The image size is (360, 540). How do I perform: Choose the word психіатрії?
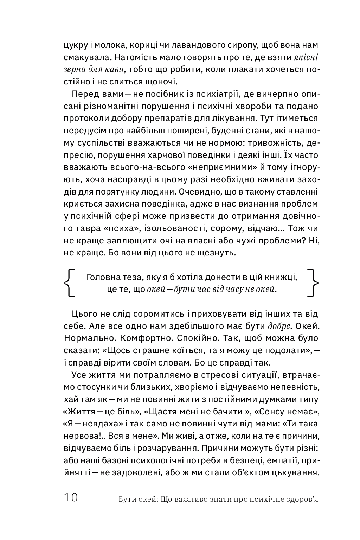[x=219, y=94]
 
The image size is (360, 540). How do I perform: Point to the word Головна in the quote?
[x=101, y=278]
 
